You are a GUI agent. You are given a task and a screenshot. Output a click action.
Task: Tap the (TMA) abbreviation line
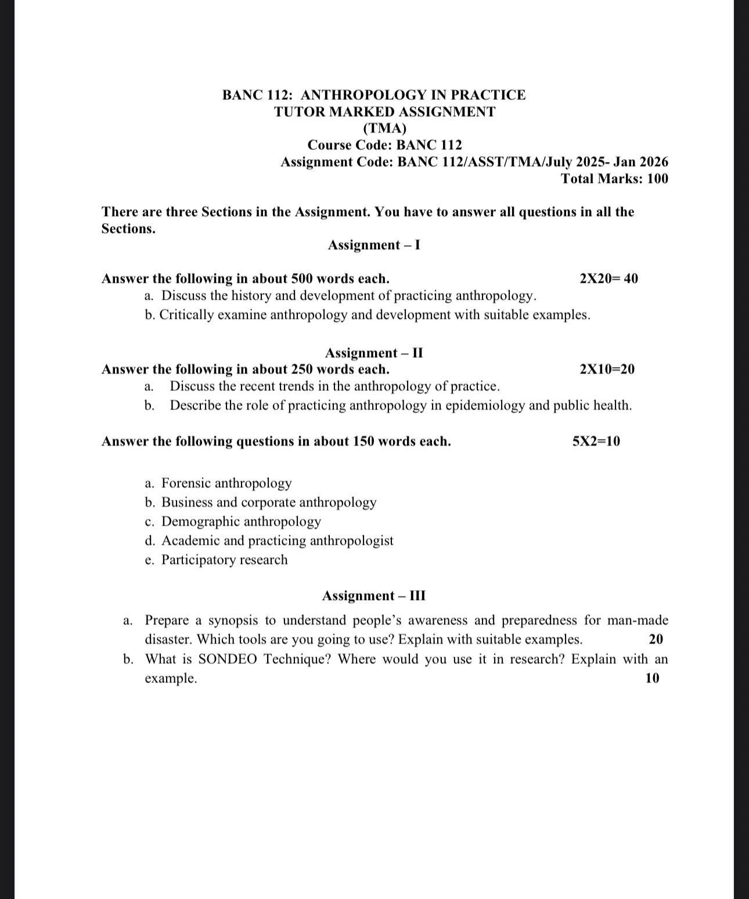tap(384, 128)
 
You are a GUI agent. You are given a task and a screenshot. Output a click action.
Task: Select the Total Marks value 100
tap(657, 179)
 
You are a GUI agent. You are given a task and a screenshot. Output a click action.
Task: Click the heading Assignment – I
tap(374, 245)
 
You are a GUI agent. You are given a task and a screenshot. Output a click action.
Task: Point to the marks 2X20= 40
tap(608, 279)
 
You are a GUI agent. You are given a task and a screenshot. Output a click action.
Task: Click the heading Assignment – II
tap(374, 353)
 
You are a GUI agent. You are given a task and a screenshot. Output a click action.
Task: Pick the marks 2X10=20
tap(607, 369)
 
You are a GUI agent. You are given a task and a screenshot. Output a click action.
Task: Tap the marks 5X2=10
tap(596, 441)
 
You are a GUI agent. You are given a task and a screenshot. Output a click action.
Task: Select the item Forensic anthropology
tap(226, 483)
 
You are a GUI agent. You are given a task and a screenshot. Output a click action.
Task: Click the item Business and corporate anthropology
tap(269, 502)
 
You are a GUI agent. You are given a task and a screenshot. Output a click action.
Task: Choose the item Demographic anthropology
tap(241, 522)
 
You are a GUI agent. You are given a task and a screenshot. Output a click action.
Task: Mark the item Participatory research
tap(224, 560)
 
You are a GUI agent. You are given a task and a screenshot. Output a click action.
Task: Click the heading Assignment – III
tap(374, 596)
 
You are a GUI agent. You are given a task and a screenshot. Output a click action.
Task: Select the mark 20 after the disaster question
tap(656, 639)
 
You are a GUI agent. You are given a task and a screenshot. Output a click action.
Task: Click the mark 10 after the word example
tap(652, 678)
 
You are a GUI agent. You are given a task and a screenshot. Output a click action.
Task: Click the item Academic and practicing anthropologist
tap(277, 541)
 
